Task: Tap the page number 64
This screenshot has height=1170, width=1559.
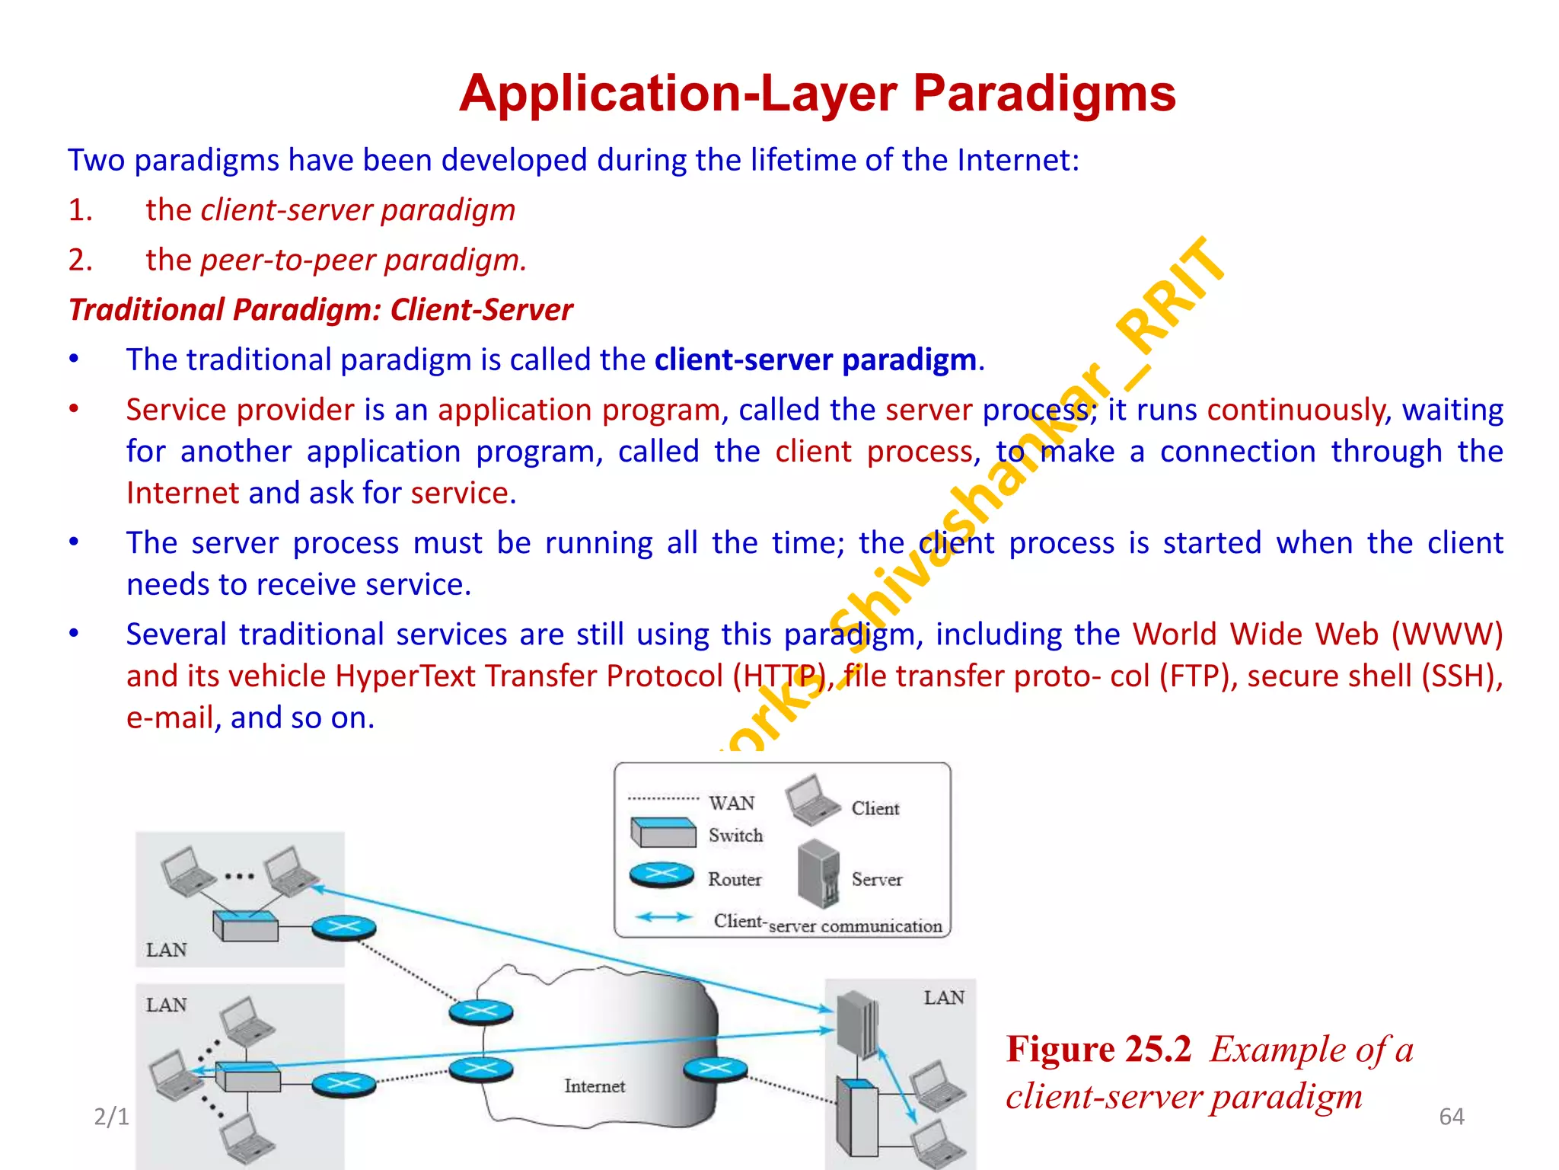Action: coord(1451,1117)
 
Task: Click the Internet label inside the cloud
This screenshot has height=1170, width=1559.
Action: coord(595,1085)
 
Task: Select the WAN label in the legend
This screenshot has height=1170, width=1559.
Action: coord(732,803)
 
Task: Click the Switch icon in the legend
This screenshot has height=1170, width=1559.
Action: coord(663,833)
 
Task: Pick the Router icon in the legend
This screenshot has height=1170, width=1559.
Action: coord(662,875)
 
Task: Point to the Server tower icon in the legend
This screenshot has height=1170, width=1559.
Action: coord(818,874)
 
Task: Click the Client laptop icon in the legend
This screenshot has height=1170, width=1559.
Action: coord(812,801)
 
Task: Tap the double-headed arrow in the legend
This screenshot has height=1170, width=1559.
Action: coord(664,917)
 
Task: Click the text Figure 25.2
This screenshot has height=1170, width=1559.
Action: coord(1098,1049)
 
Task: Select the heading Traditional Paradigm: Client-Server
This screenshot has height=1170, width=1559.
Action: coord(320,310)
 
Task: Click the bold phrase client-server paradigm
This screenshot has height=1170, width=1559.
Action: coord(815,360)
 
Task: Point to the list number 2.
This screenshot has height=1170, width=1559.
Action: coord(80,260)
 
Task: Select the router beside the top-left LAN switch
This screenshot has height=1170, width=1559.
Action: coord(343,929)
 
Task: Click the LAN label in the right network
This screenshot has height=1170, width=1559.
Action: coord(943,998)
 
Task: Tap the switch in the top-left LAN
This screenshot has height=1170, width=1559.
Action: coord(246,925)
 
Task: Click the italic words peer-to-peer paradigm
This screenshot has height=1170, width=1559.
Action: coord(363,260)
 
